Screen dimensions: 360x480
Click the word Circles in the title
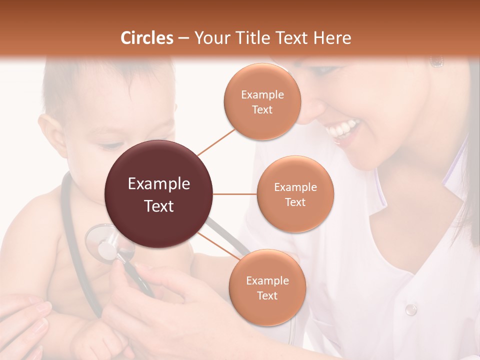pyautogui.click(x=146, y=38)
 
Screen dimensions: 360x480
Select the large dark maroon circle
pyautogui.click(x=159, y=194)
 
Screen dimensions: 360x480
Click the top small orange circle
pyautogui.click(x=262, y=101)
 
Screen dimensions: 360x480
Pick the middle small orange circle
pyautogui.click(x=295, y=194)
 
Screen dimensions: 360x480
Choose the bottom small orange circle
pyautogui.click(x=267, y=287)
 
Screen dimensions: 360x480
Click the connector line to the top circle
pyautogui.click(x=216, y=141)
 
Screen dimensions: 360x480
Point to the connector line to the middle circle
pyautogui.click(x=235, y=194)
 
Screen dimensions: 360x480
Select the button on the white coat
pyautogui.click(x=411, y=309)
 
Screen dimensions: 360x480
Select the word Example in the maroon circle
pyautogui.click(x=159, y=184)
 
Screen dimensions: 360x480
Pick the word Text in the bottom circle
pyautogui.click(x=267, y=295)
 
